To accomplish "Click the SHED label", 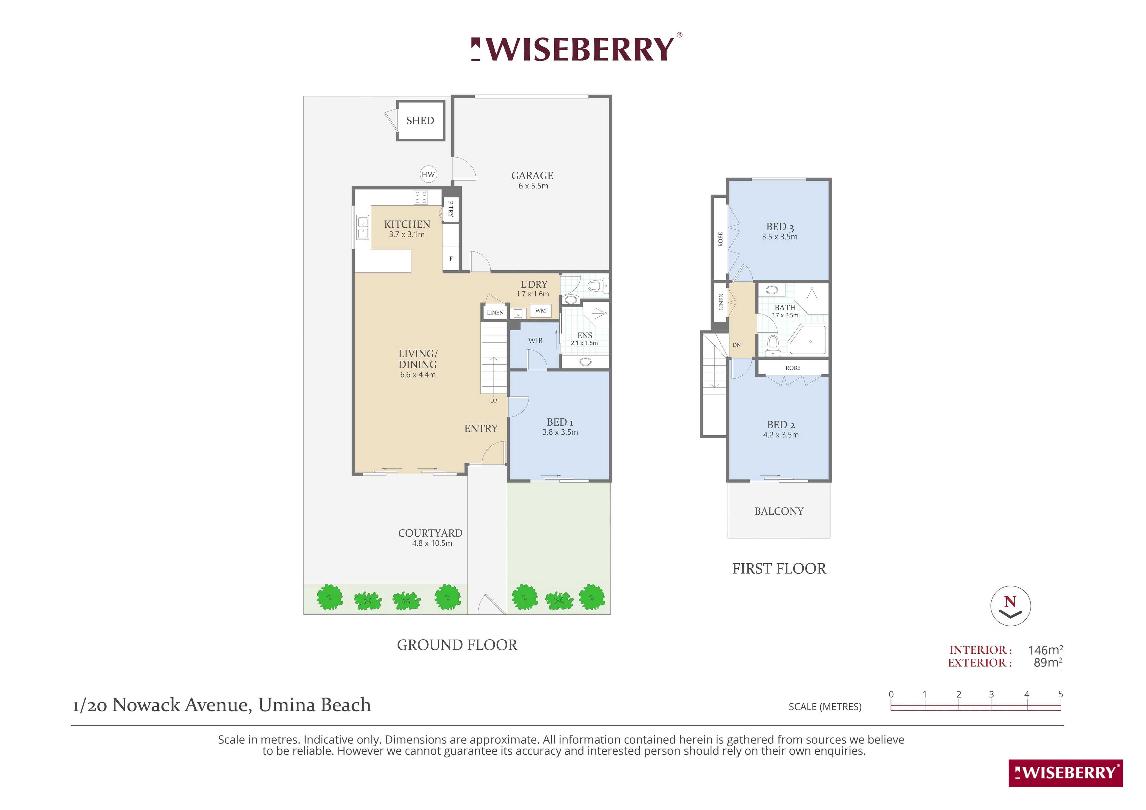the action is click(x=420, y=121).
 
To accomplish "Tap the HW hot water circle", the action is click(x=428, y=174).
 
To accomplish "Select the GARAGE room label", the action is click(x=532, y=176).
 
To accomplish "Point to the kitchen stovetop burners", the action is click(x=421, y=198).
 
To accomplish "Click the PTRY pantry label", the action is click(x=451, y=209).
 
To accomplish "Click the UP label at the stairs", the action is click(x=494, y=401).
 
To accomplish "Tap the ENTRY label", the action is click(x=481, y=429).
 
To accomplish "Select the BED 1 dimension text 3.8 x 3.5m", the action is click(x=560, y=432).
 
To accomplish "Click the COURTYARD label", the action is click(x=430, y=533).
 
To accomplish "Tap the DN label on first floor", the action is click(x=737, y=345).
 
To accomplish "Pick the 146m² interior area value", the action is click(x=1045, y=650).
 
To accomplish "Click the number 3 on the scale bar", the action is click(x=991, y=694).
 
